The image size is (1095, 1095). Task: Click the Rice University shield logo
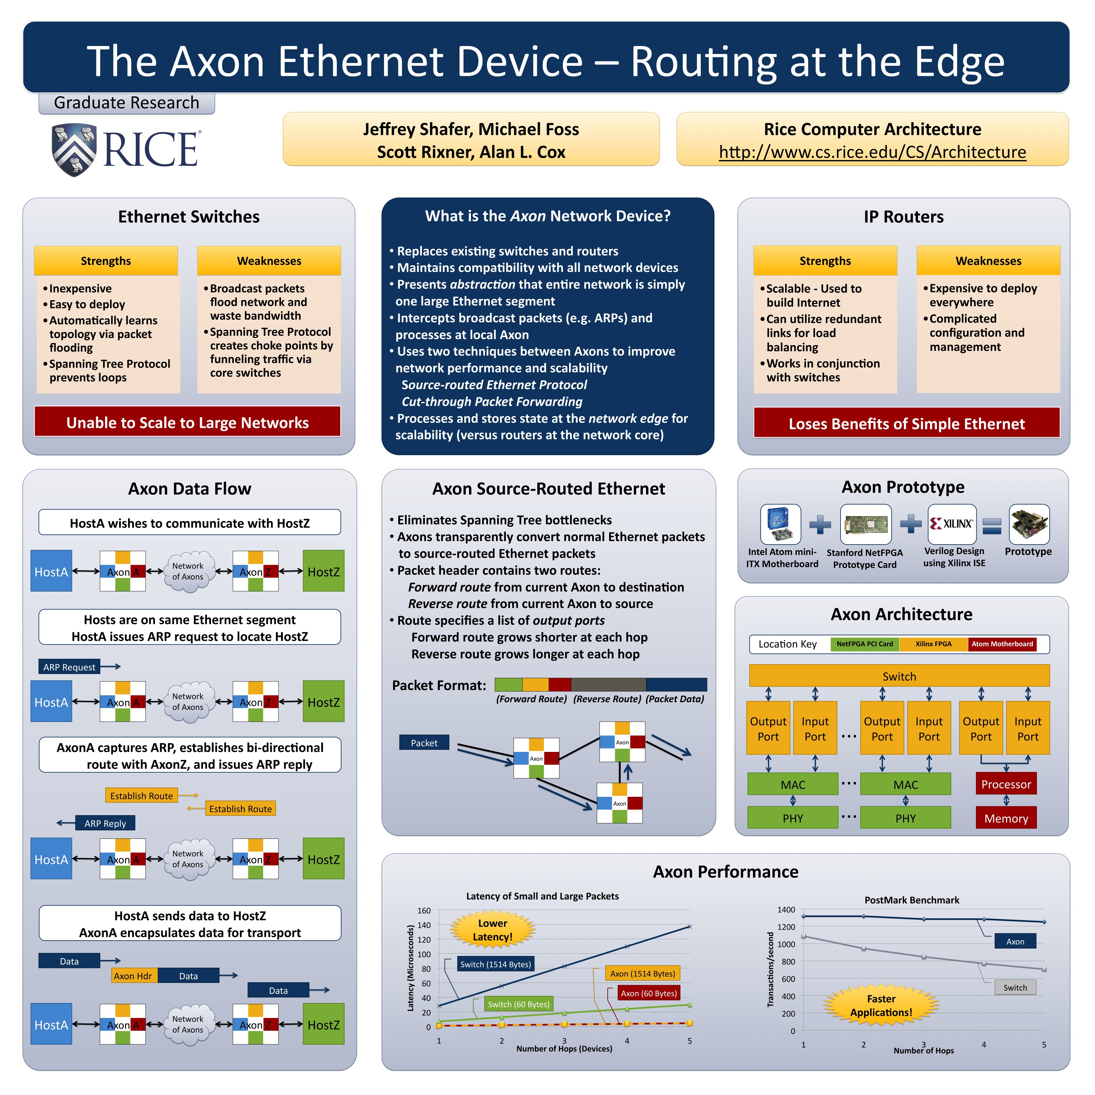[74, 150]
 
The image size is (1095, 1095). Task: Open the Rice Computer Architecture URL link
[872, 153]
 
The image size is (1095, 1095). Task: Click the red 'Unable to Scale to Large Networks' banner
[188, 422]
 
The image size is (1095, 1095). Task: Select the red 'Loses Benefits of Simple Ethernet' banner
[906, 423]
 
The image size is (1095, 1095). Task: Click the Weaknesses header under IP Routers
[988, 261]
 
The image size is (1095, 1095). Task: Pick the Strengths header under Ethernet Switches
[106, 261]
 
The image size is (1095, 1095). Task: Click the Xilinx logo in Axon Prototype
[952, 524]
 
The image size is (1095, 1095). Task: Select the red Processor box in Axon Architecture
[1006, 784]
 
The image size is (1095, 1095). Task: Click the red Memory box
[1006, 818]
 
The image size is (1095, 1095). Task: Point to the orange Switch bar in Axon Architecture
[899, 676]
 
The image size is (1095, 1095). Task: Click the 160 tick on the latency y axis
[424, 911]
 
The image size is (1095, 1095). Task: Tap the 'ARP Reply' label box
[105, 823]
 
